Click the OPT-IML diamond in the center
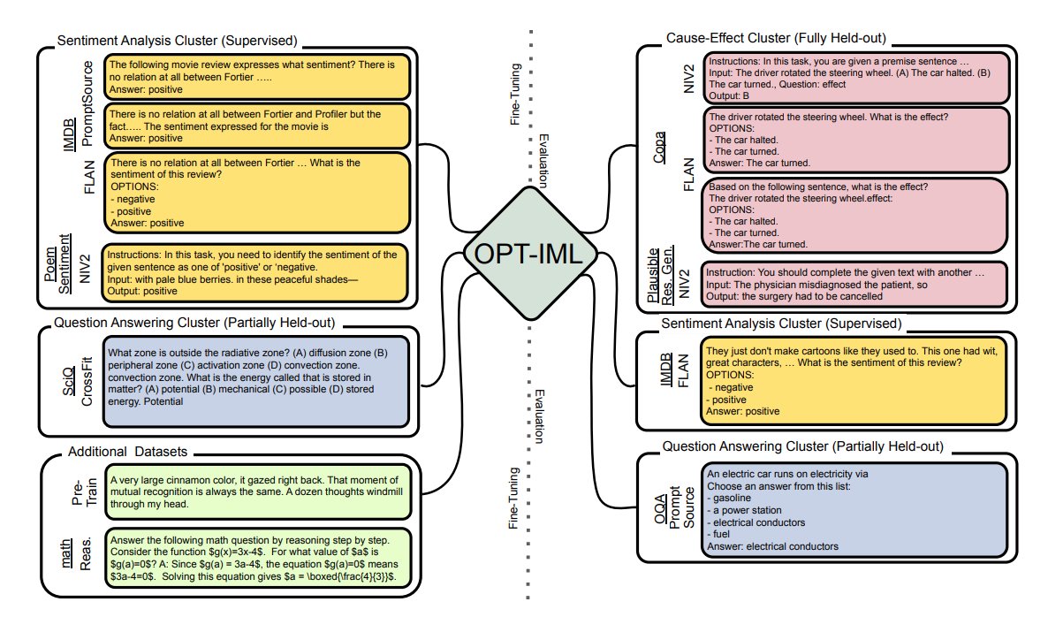coord(529,254)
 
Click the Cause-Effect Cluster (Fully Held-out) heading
coord(776,38)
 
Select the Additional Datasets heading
coord(127,452)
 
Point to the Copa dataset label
coord(659,148)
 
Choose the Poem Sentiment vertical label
coord(57,264)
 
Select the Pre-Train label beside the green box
coord(84,492)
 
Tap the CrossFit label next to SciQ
coord(87,381)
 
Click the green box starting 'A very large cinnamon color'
coord(257,492)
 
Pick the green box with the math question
coord(257,558)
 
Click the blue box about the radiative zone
coord(256,382)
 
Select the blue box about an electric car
coord(854,510)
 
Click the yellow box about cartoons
coord(853,381)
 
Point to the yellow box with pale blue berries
coord(254,273)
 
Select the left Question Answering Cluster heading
coord(194,323)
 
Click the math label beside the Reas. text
coord(67,553)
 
